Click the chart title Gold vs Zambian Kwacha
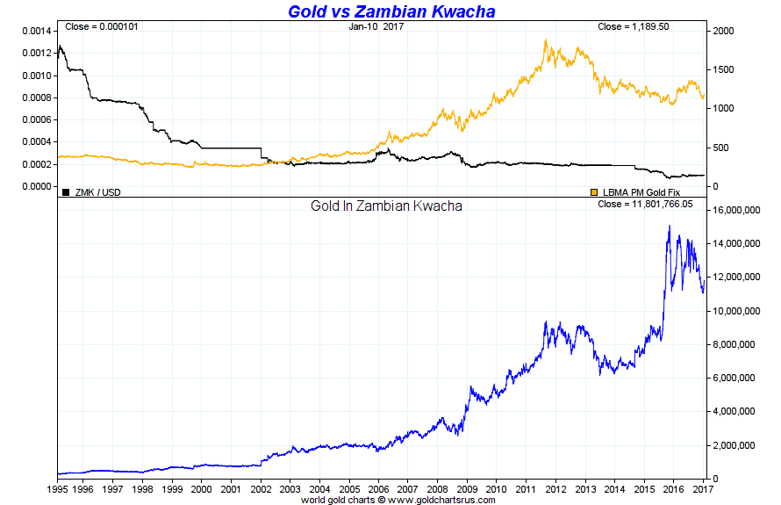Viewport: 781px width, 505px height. click(392, 11)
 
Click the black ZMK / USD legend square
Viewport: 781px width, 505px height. click(66, 191)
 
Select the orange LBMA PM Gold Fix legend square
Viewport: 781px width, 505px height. click(594, 191)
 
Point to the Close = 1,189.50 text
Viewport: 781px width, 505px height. click(634, 26)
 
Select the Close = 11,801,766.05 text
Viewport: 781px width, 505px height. click(645, 204)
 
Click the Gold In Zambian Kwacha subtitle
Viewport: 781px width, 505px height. click(387, 206)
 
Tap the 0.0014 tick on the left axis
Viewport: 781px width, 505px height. click(36, 31)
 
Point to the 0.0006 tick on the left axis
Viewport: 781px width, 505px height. click(36, 119)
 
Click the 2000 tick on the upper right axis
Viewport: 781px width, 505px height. click(724, 31)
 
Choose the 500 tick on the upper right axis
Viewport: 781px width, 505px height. click(721, 148)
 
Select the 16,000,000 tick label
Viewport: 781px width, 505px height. click(736, 211)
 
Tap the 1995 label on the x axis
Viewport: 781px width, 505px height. click(57, 488)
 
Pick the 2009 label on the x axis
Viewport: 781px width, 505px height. click(469, 488)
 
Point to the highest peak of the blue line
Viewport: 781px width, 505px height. click(670, 226)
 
